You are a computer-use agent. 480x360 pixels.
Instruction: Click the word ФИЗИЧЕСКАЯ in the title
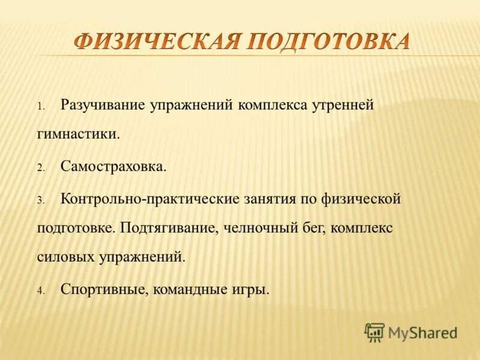[x=157, y=43]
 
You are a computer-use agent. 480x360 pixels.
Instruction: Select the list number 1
[x=41, y=107]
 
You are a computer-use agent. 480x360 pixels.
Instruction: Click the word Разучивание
[x=103, y=106]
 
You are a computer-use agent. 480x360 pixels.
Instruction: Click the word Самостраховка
[x=113, y=167]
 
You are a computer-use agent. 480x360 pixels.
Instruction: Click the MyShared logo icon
[x=374, y=332]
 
